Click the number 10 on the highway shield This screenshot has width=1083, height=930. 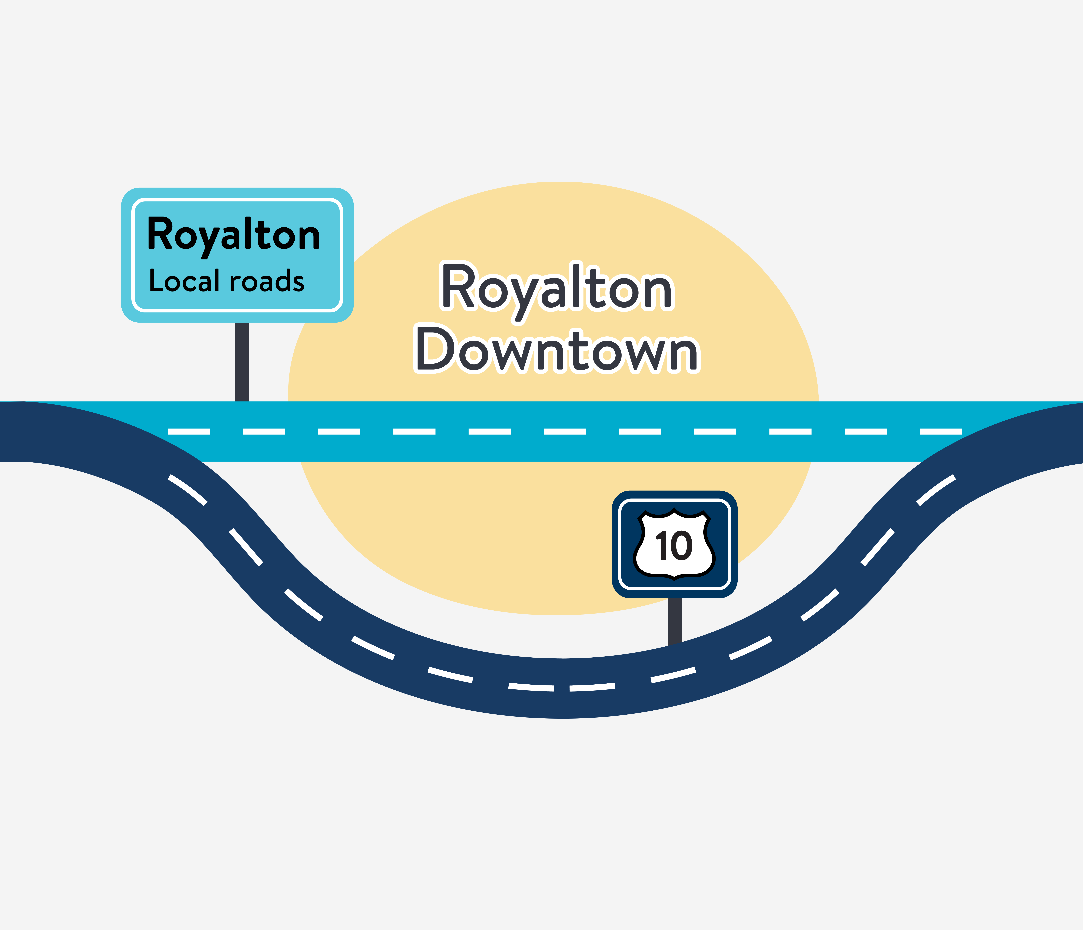(x=674, y=546)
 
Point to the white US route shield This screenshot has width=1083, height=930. (x=674, y=544)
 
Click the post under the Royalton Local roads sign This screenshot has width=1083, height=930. (x=242, y=362)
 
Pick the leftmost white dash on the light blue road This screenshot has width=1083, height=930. (x=189, y=431)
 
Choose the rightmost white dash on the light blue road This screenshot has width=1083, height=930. (x=941, y=431)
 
